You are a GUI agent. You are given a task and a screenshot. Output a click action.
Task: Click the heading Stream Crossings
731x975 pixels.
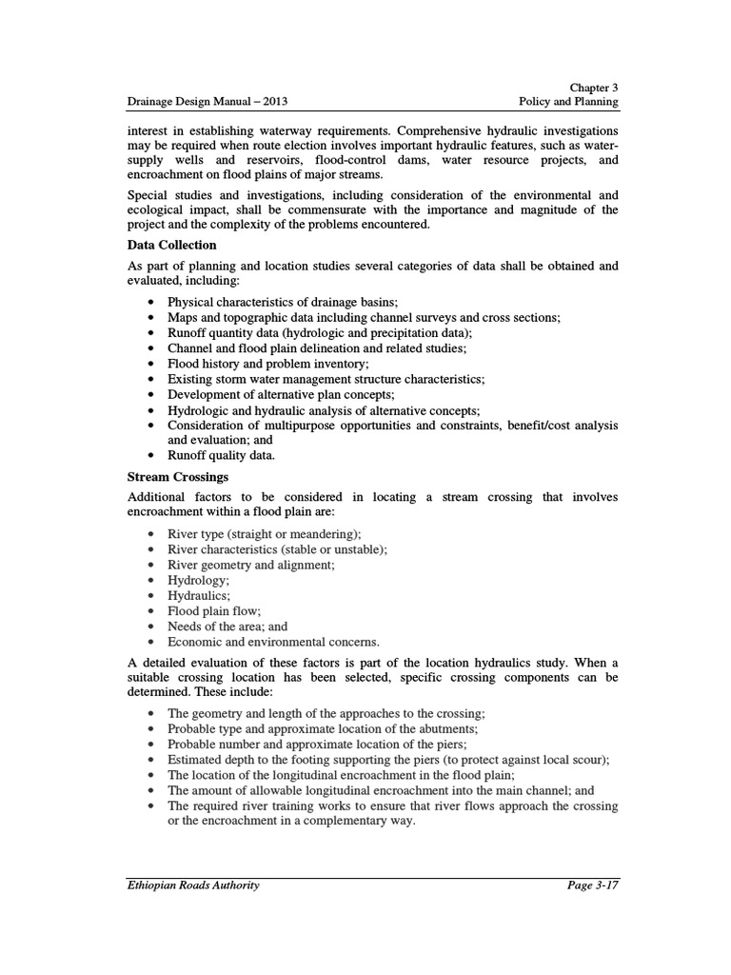pos(177,476)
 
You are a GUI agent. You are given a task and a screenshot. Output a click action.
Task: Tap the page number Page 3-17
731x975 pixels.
pos(592,885)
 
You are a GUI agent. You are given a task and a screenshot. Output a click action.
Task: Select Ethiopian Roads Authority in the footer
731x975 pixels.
pos(193,885)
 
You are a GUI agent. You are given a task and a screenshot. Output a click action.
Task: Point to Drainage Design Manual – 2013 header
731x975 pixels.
pos(207,101)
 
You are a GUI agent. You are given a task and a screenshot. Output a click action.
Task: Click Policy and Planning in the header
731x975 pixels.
pos(568,101)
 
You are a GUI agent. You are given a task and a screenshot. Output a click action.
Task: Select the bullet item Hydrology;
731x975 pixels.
pos(198,580)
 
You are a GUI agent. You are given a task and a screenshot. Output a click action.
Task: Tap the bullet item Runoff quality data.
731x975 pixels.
pos(219,456)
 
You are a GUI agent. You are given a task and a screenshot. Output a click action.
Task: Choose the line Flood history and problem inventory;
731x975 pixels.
pos(268,364)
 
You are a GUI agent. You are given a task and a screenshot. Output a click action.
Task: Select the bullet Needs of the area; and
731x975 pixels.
pos(227,627)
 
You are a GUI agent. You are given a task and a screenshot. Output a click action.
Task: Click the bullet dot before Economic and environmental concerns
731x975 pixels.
pos(152,643)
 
